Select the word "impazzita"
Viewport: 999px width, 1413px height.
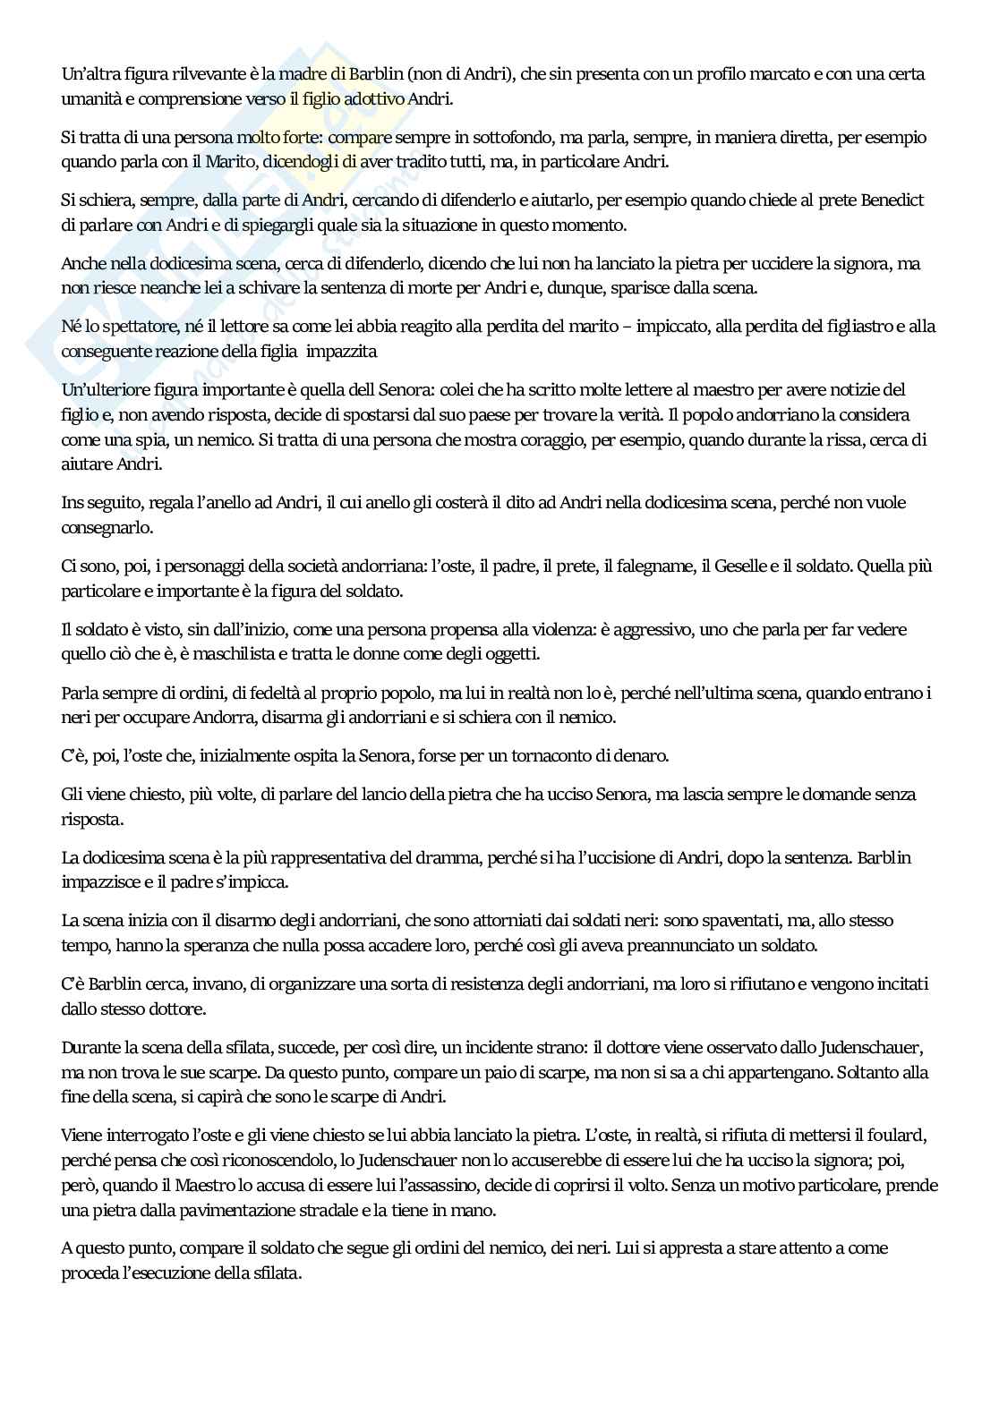pyautogui.click(x=341, y=352)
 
